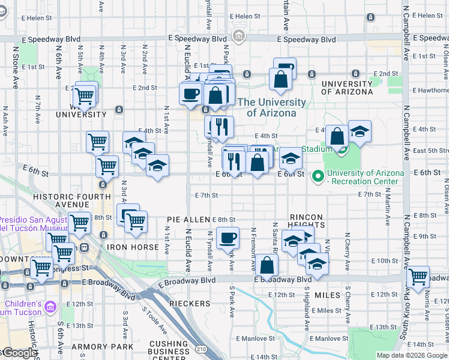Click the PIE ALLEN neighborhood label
tap(188, 220)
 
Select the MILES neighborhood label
tap(327, 295)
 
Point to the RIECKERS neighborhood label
tap(190, 304)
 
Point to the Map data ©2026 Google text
tap(412, 355)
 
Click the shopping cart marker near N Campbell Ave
tap(418, 277)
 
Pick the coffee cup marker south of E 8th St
tap(228, 238)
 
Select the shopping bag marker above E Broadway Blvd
tap(267, 265)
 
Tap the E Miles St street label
tap(326, 310)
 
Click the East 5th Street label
tap(430, 151)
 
